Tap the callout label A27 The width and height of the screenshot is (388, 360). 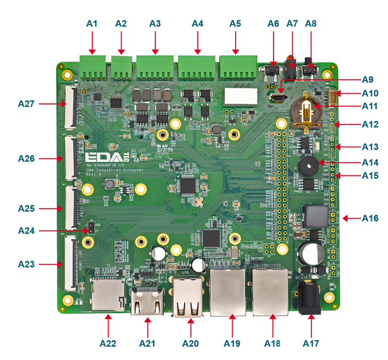tap(26, 104)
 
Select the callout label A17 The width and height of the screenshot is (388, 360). tap(311, 344)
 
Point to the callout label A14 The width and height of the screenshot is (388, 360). tap(370, 162)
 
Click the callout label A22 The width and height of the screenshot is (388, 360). tap(108, 344)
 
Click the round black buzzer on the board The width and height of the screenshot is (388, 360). tap(308, 165)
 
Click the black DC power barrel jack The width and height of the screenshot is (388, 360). tap(308, 297)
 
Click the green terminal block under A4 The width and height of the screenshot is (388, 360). tap(196, 68)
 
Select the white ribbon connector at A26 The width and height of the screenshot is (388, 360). tap(70, 158)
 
